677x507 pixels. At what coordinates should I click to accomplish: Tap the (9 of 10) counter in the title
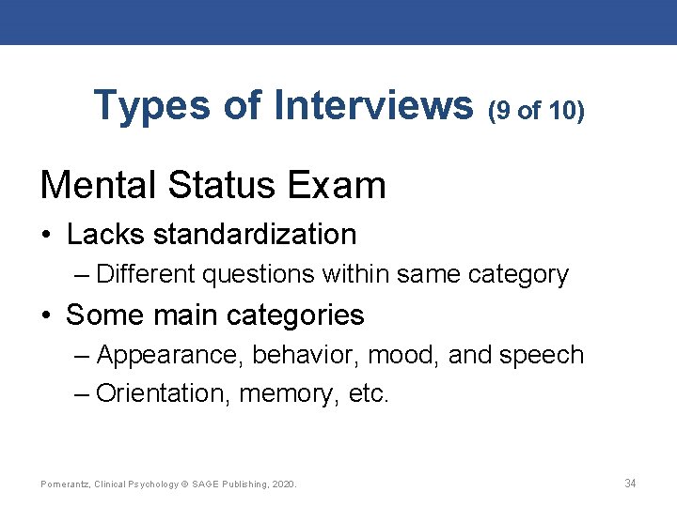click(x=536, y=111)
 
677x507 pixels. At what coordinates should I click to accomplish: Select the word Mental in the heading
click(x=98, y=185)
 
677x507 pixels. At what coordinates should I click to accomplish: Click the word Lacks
click(x=104, y=234)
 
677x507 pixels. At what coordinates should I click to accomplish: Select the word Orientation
click(x=164, y=393)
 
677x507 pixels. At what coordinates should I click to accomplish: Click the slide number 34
click(x=630, y=484)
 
